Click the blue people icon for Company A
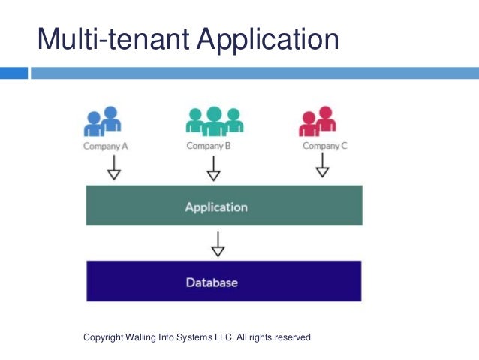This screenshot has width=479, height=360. (x=104, y=122)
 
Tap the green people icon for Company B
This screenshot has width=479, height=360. (x=214, y=121)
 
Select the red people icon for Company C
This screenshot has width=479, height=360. (x=318, y=121)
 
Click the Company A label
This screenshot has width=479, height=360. (x=105, y=147)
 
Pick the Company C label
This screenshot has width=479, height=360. (x=324, y=146)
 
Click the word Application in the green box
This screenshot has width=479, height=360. (x=216, y=207)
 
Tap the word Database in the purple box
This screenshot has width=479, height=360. (x=212, y=283)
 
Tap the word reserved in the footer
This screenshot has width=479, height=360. (x=291, y=337)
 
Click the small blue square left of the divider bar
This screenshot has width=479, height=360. (x=14, y=73)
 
